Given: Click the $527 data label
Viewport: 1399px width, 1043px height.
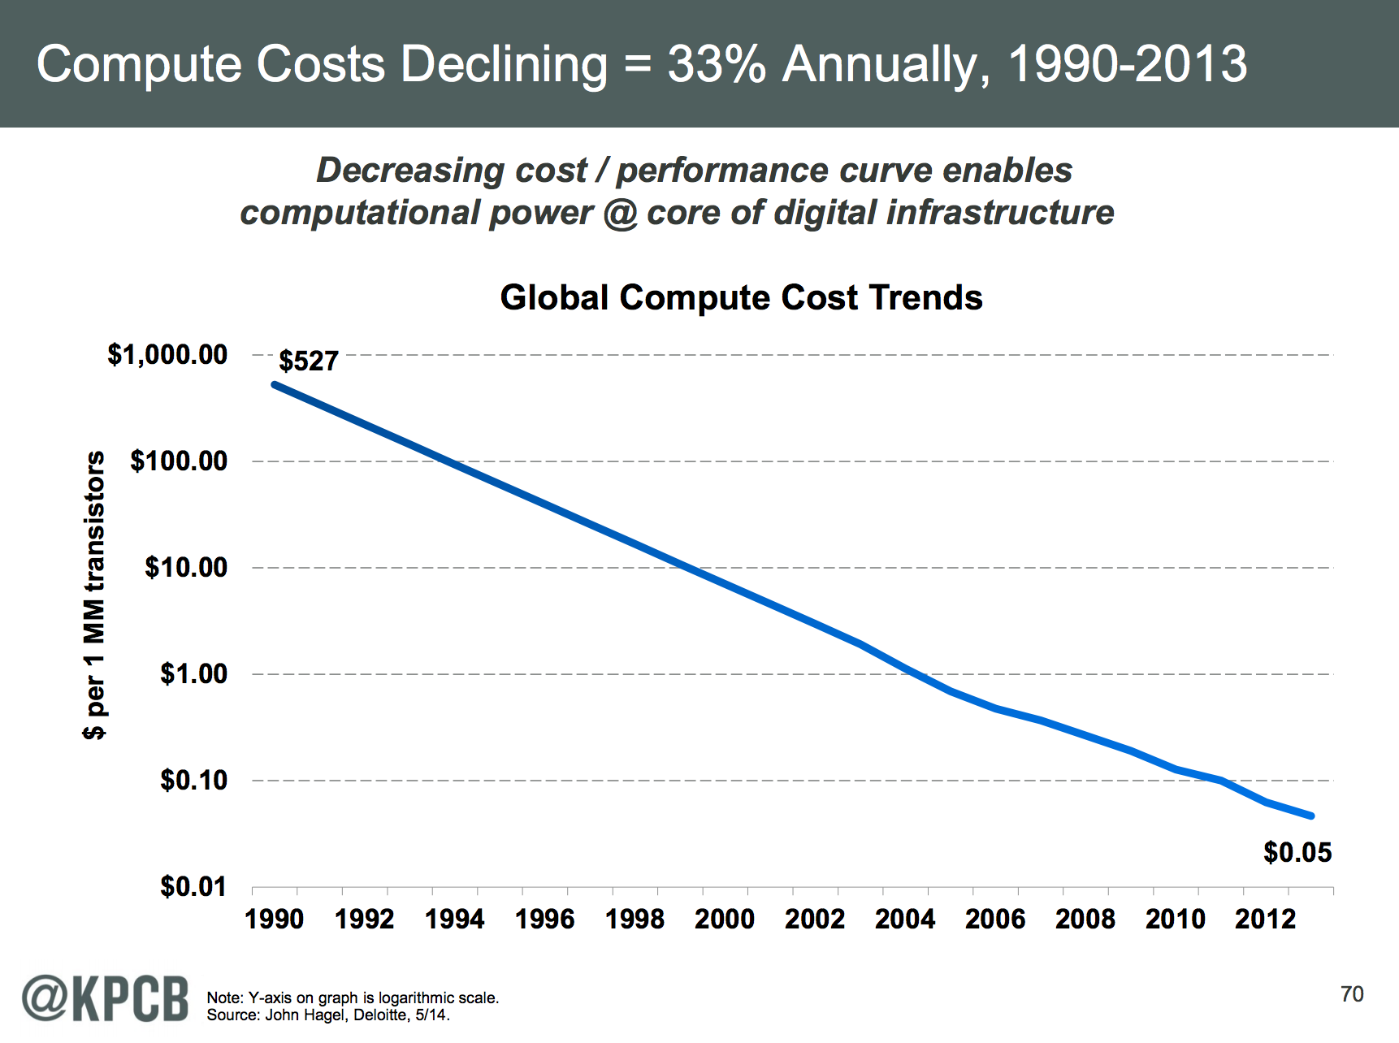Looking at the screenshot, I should coord(308,361).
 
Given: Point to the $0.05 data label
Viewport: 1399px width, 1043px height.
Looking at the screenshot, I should coord(1297,852).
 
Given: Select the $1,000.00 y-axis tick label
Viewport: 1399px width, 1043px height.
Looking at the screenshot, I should coord(167,354).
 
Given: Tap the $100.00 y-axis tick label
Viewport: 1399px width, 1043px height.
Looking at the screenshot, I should coord(179,461).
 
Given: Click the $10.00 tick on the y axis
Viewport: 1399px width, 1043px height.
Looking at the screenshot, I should coord(186,567).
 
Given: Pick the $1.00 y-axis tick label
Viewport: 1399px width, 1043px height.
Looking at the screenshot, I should coord(193,673).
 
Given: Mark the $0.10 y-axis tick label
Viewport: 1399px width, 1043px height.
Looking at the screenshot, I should coord(193,780).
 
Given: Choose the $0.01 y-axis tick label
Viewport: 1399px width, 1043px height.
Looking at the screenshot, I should coord(193,886).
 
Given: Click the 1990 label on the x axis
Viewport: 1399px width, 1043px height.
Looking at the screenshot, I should coord(275,920).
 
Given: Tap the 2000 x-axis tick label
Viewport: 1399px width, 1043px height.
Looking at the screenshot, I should coord(725,920).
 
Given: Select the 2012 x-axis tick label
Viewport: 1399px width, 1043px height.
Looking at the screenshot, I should coord(1265,920).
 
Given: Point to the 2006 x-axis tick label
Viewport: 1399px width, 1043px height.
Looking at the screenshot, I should coord(995,920).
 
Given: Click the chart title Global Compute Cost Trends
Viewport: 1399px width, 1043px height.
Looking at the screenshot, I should coord(741,297).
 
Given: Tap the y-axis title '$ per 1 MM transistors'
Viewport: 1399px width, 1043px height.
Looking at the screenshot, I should coord(95,595).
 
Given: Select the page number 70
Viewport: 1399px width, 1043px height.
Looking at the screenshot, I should coord(1352,994).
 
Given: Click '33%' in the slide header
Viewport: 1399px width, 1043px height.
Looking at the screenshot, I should coord(717,63).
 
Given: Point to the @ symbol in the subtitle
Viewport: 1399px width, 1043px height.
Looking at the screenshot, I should coord(620,213).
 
